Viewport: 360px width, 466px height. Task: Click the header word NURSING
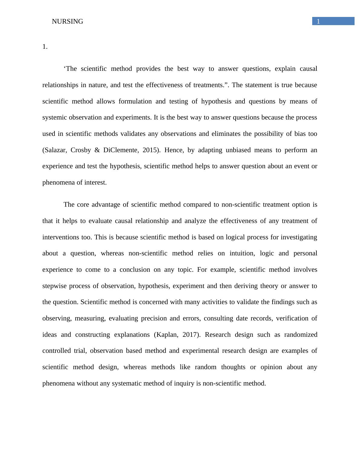tap(67, 21)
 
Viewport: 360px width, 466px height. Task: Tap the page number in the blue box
tap(318, 21)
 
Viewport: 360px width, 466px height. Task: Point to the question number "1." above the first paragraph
tap(45, 47)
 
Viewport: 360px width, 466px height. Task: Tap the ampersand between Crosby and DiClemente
tap(97, 150)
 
